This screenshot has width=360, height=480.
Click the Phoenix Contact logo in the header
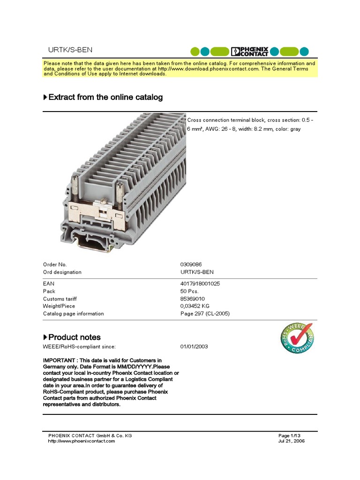(x=250, y=51)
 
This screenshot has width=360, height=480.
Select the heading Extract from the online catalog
(x=105, y=97)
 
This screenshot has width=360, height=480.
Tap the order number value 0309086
(x=191, y=265)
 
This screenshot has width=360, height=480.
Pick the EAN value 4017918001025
(x=200, y=284)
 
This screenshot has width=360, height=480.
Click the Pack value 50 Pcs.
(x=189, y=291)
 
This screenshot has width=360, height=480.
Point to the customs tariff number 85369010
(x=193, y=299)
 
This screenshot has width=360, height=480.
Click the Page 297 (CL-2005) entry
(x=205, y=314)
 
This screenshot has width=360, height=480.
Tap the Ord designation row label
(x=62, y=272)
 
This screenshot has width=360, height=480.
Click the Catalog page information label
(x=74, y=314)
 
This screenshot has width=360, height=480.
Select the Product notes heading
(x=74, y=337)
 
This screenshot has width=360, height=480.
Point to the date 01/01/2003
(x=194, y=346)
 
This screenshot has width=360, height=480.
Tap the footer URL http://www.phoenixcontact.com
(x=82, y=441)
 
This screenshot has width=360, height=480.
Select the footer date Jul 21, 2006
(x=292, y=441)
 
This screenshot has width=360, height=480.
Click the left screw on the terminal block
(x=75, y=183)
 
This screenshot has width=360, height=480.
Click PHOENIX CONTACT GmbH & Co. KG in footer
(x=90, y=435)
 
